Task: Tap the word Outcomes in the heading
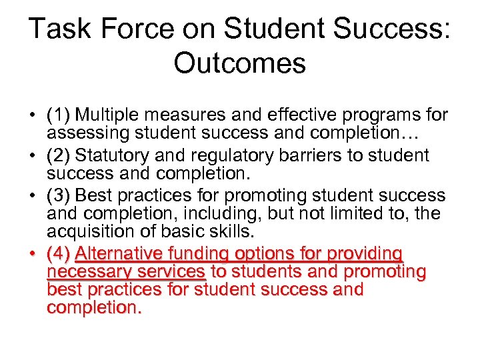240,63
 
